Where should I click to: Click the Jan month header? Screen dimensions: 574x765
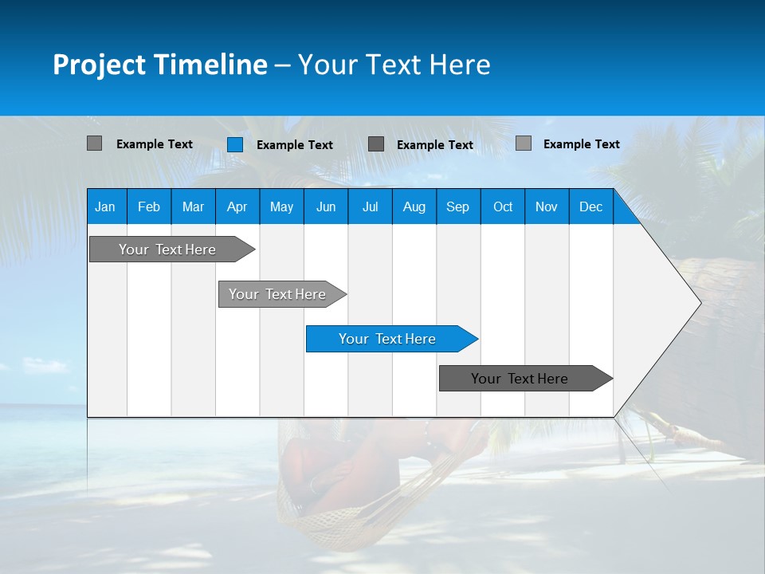tap(105, 206)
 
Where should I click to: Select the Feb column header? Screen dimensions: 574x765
tap(149, 206)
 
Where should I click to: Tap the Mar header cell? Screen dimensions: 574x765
tap(193, 206)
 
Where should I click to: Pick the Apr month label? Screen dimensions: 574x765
tap(237, 206)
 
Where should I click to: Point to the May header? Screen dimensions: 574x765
tap(281, 206)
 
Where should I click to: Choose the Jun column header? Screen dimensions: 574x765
tap(326, 206)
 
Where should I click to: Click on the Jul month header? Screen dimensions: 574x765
tap(370, 206)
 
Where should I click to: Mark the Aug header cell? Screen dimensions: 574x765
tap(414, 206)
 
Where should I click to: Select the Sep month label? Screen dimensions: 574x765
tap(458, 206)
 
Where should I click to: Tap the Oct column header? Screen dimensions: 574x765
tap(503, 206)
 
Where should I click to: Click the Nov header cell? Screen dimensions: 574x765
tap(547, 206)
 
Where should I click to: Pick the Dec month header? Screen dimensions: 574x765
tap(591, 206)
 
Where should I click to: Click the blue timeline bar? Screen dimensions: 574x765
tap(388, 339)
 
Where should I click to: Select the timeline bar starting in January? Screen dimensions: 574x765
tap(168, 250)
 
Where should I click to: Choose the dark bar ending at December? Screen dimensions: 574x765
tap(520, 379)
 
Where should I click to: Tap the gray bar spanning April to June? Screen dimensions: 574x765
tap(278, 294)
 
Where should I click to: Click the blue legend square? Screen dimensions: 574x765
tap(235, 144)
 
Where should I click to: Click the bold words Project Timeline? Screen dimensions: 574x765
tap(160, 65)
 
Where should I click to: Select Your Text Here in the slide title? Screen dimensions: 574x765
tap(394, 65)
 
